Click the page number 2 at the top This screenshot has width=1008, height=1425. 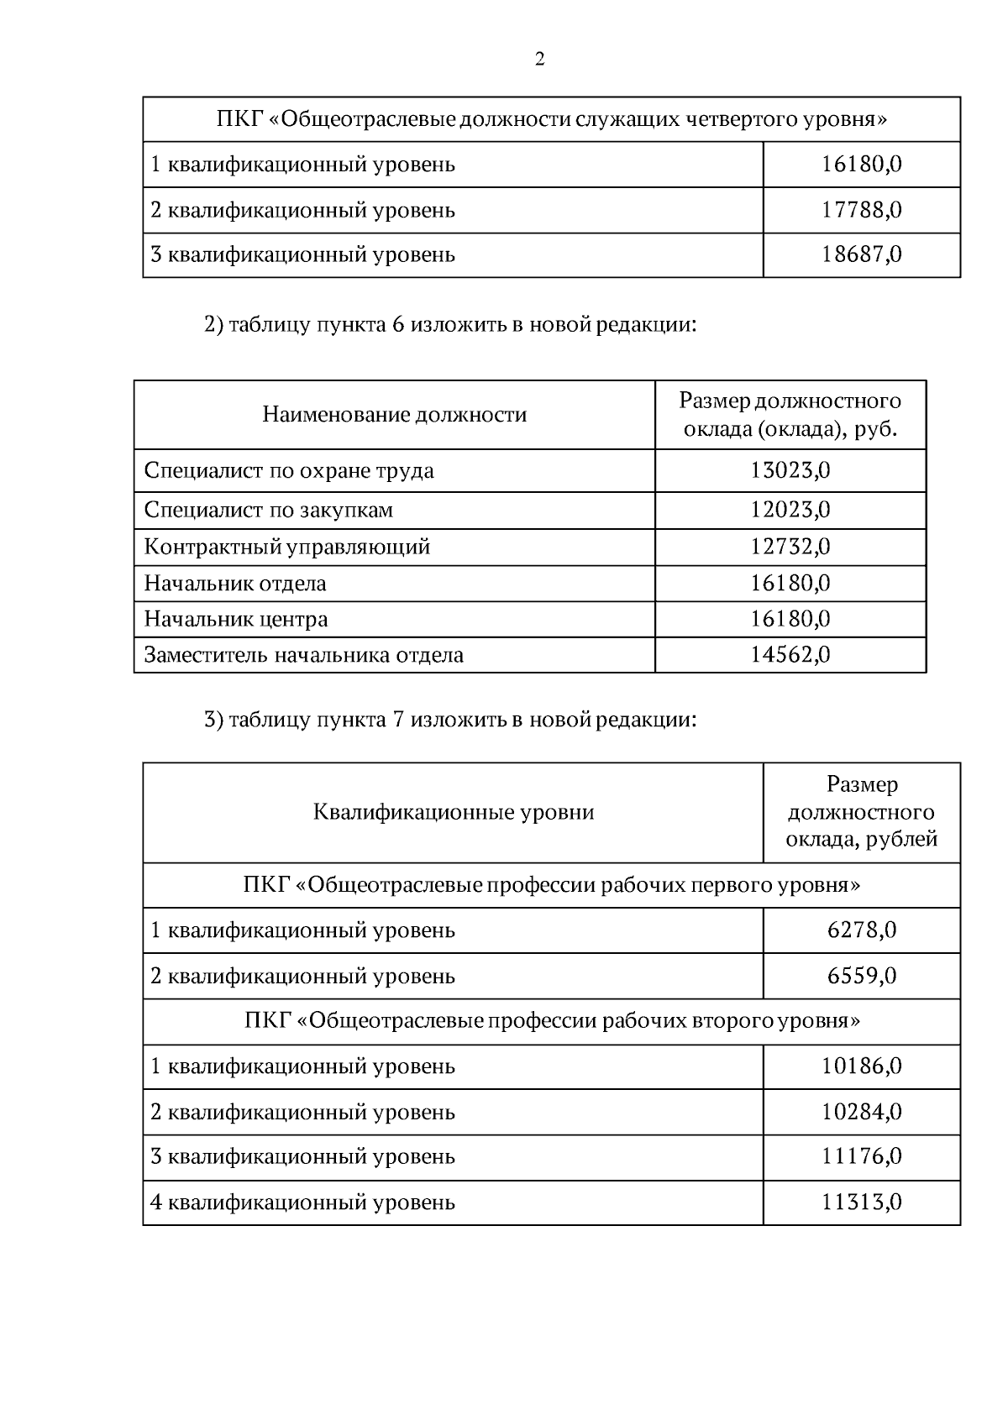coord(539,60)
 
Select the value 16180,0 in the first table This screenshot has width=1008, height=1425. coord(861,164)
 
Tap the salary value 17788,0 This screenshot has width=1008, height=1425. coord(861,209)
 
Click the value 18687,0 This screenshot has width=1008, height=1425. coord(861,254)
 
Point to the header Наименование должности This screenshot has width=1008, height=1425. coord(394,415)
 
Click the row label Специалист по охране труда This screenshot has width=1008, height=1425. coord(289,470)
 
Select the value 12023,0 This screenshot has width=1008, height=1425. coord(790,510)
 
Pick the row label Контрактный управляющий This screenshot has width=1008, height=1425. coord(287,547)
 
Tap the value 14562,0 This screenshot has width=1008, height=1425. coord(790,654)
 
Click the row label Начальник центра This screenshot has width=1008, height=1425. coord(236,619)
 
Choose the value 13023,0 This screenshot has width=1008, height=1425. coord(790,470)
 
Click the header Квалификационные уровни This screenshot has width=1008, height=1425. coord(453,812)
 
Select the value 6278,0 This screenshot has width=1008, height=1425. coord(861,930)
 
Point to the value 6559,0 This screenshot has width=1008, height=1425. coord(861,976)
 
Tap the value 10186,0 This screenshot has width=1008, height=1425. coord(861,1066)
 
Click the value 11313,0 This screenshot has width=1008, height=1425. coord(861,1202)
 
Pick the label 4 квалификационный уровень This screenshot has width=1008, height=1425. coord(302,1202)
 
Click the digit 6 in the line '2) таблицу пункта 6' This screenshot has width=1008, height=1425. coord(397,325)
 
